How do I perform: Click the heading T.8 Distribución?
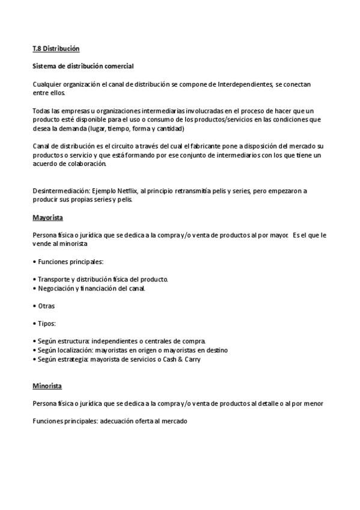pyautogui.click(x=56, y=48)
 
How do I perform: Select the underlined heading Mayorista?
pyautogui.click(x=48, y=217)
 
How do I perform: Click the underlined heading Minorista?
pyautogui.click(x=47, y=386)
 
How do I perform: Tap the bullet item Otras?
pyautogui.click(x=46, y=306)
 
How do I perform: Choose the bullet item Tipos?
pyautogui.click(x=46, y=323)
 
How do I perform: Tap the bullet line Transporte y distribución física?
pyautogui.click(x=102, y=280)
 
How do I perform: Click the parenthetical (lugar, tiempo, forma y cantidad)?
pyautogui.click(x=136, y=129)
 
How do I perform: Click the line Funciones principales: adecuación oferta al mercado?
pyautogui.click(x=111, y=421)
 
